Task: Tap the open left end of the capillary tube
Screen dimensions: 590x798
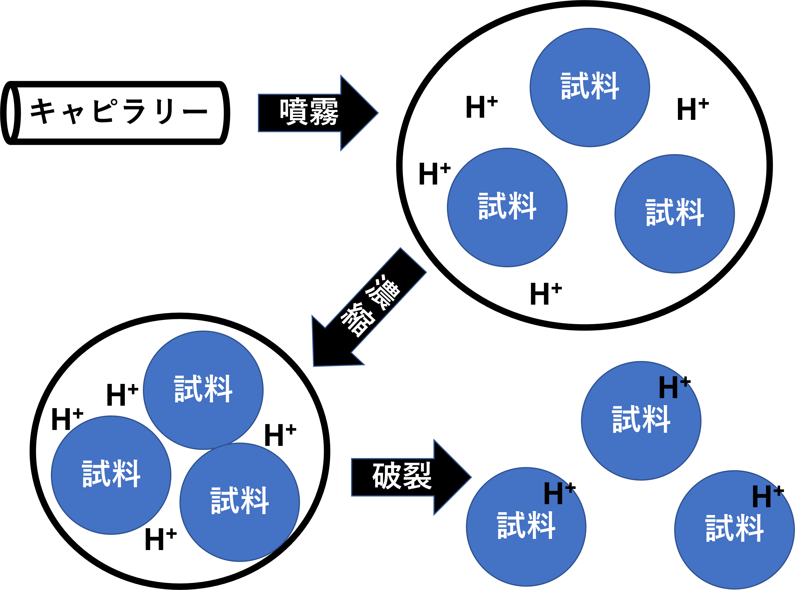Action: pos(11,113)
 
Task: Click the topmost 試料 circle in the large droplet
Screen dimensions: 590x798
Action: pos(590,88)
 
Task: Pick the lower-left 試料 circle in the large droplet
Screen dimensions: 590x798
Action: pos(507,207)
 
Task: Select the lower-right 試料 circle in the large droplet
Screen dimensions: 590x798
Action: pos(674,214)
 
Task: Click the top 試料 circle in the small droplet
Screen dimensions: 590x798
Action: pos(203,390)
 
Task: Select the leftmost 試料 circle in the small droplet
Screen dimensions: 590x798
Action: pos(111,475)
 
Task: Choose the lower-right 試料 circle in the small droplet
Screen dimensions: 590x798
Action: pos(240,502)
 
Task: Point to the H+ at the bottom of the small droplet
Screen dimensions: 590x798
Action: pos(160,539)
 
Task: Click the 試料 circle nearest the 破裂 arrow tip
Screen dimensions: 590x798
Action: pos(526,527)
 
